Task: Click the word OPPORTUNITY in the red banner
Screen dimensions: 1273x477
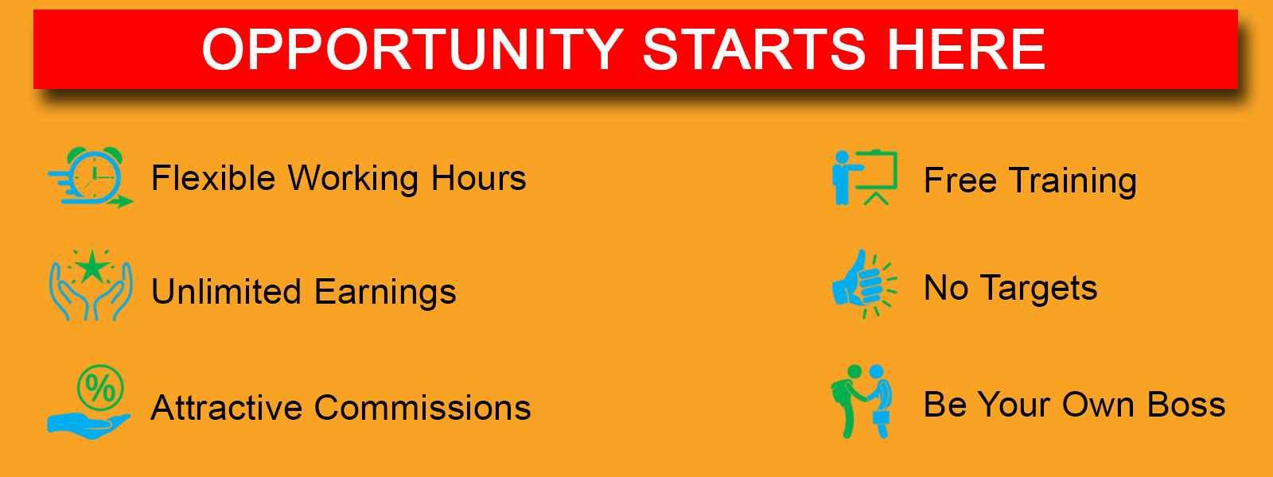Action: [413, 49]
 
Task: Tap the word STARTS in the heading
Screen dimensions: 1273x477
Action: [753, 49]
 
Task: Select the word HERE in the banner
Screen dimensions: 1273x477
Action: [966, 49]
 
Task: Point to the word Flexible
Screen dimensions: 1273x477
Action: [214, 178]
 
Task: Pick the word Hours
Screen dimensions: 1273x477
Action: [478, 178]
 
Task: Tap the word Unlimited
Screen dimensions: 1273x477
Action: [226, 291]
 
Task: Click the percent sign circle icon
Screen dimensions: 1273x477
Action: [100, 388]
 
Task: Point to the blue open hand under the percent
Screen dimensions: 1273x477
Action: [88, 426]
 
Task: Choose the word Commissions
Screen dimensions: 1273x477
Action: [422, 408]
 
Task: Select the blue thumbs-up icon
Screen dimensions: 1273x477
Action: [855, 283]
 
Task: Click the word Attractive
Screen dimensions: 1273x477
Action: [226, 408]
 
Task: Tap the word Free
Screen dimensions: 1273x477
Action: [960, 180]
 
